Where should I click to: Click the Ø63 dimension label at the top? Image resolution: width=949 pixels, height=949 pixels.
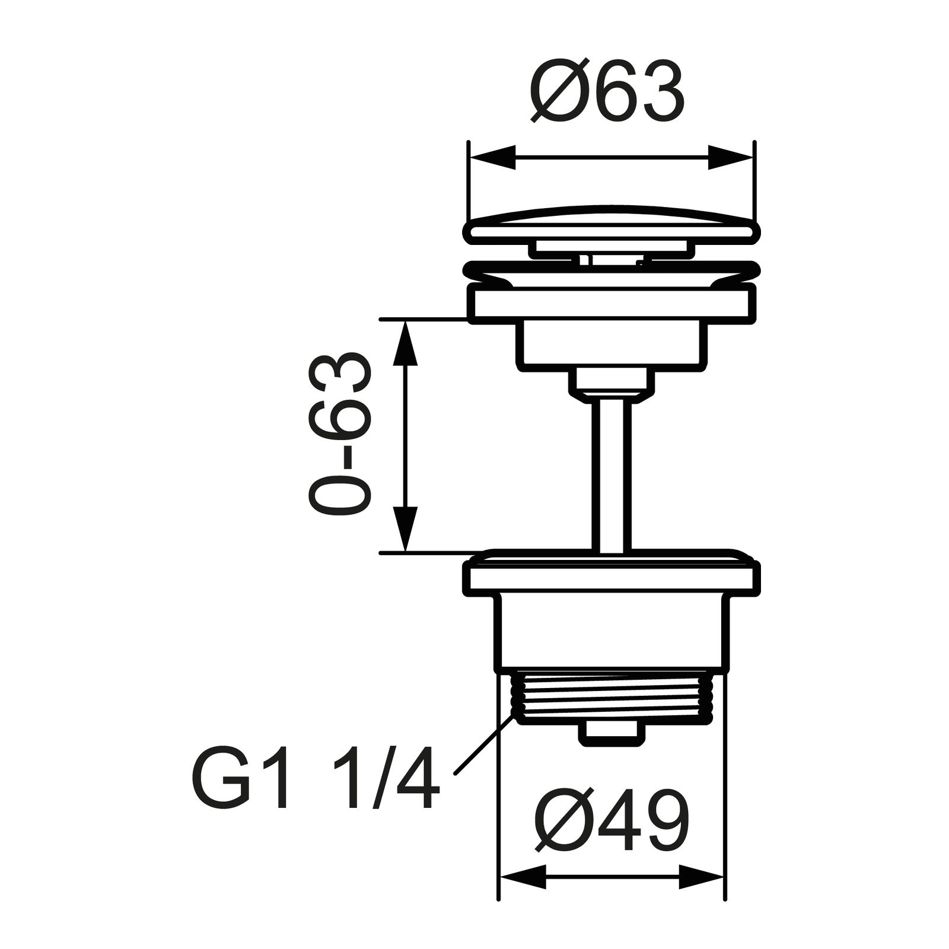607,90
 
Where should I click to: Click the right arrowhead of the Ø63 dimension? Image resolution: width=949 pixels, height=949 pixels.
730,157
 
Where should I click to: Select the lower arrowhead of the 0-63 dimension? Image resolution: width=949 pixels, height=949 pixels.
405,528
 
